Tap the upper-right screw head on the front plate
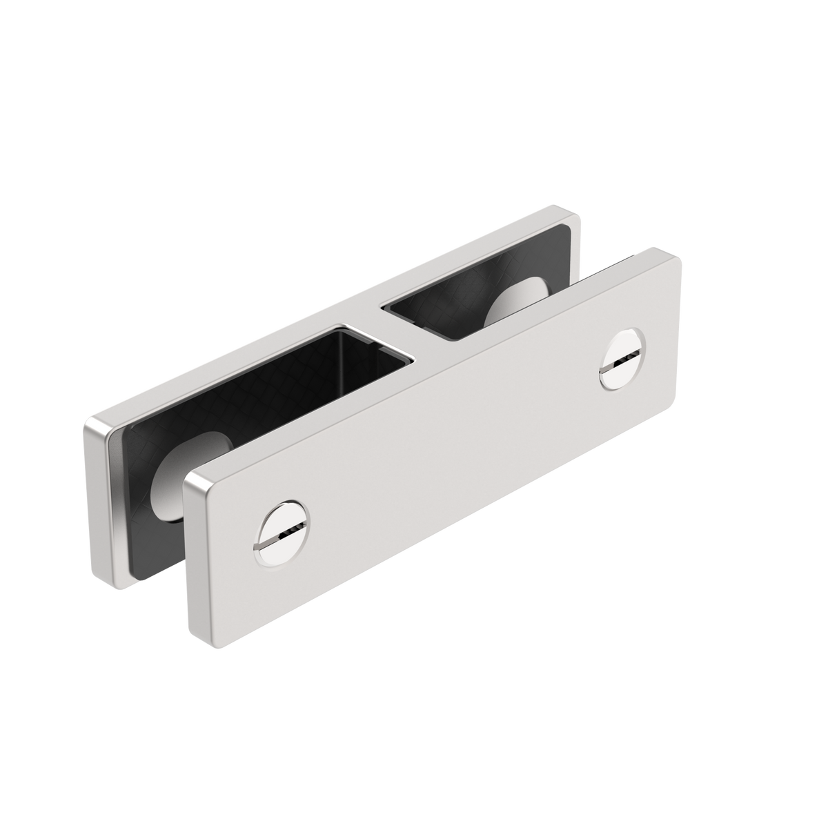click(620, 359)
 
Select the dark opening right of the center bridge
click(448, 304)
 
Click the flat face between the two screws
click(448, 442)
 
